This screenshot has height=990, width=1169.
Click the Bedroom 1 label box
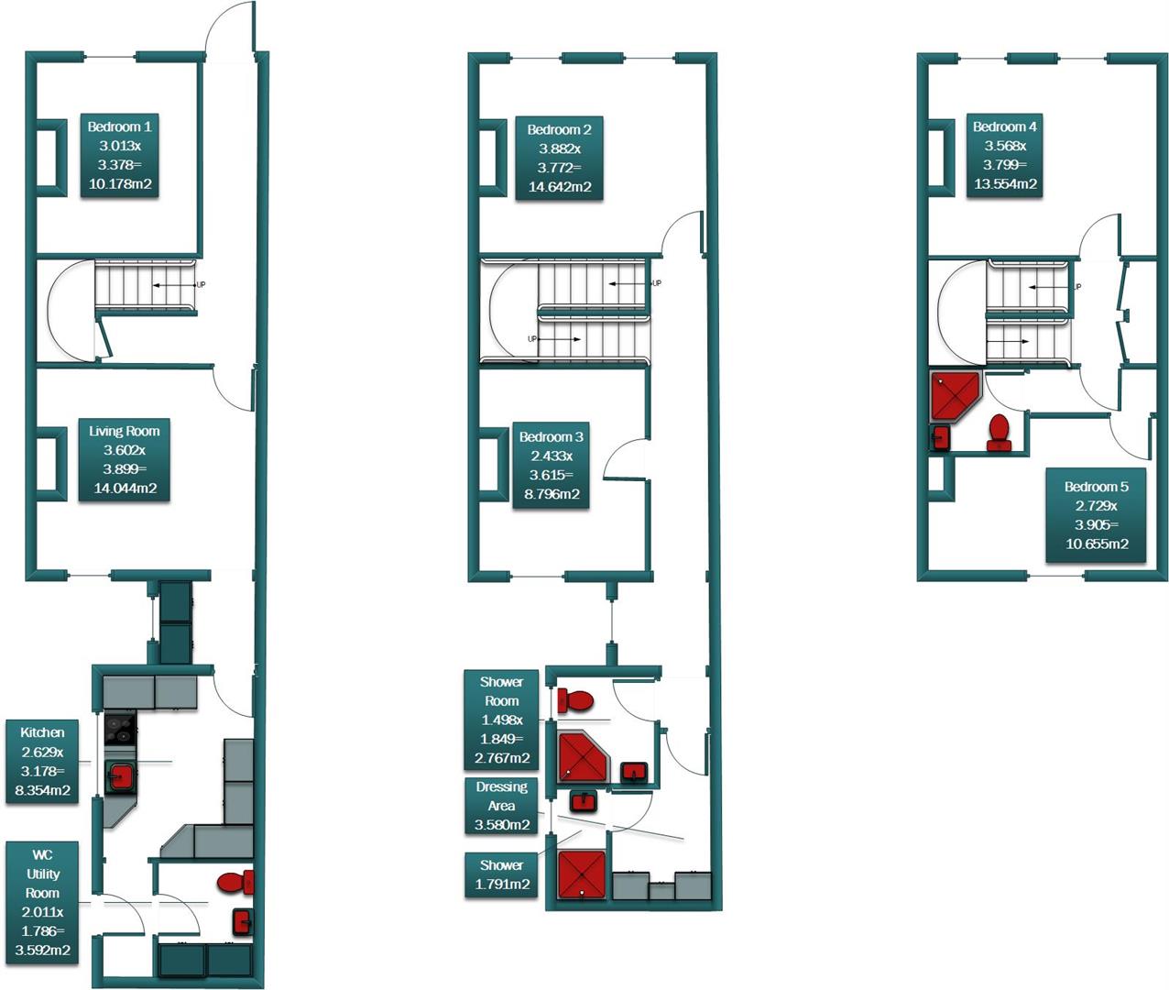[x=120, y=156]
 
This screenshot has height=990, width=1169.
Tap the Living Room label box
[x=125, y=459]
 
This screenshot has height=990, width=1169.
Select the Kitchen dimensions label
[x=43, y=761]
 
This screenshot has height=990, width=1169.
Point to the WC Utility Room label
[x=43, y=903]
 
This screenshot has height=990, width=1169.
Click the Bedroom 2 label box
[x=559, y=158]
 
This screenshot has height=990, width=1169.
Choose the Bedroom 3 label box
[x=551, y=466]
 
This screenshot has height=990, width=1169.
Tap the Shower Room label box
[x=502, y=720]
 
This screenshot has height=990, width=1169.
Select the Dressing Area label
[x=502, y=806]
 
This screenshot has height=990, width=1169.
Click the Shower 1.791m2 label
[x=502, y=874]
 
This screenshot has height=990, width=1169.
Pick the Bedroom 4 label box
[x=1005, y=155]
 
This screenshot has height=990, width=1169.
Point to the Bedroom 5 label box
[x=1097, y=515]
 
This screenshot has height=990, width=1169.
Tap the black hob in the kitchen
[x=119, y=730]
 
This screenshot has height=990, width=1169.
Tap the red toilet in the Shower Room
[x=576, y=701]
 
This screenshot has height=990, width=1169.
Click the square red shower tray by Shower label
[x=583, y=875]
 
